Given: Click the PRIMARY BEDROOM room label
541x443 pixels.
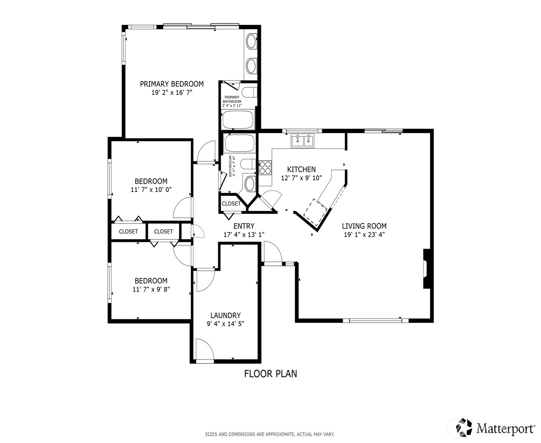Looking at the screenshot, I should tap(171, 84).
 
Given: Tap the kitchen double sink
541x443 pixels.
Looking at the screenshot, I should tap(303, 141).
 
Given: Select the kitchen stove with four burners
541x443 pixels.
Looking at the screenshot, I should tap(265, 168).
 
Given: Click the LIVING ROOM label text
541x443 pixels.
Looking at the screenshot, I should tap(364, 226).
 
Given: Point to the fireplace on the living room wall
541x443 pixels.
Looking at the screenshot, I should tap(427, 269).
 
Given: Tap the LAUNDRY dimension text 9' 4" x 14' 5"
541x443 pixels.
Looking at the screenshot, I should tap(225, 323).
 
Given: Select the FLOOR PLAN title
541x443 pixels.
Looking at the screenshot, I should tap(270, 374).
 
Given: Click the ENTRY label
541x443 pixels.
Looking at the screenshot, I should tap(244, 226).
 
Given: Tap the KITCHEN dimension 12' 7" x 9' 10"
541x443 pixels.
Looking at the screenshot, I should tap(301, 178).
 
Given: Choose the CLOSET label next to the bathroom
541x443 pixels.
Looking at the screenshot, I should tap(231, 204).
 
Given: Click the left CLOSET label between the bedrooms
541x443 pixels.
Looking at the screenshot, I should tap(128, 232).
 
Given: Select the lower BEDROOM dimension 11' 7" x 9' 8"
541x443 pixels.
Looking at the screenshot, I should tap(151, 289).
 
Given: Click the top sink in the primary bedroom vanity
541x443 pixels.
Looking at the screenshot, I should tap(251, 41).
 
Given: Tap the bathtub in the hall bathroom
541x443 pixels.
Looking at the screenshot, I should tap(239, 144).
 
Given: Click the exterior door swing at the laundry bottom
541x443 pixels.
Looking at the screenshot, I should tap(204, 350).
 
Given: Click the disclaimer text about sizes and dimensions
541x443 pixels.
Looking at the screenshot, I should tap(269, 434).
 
